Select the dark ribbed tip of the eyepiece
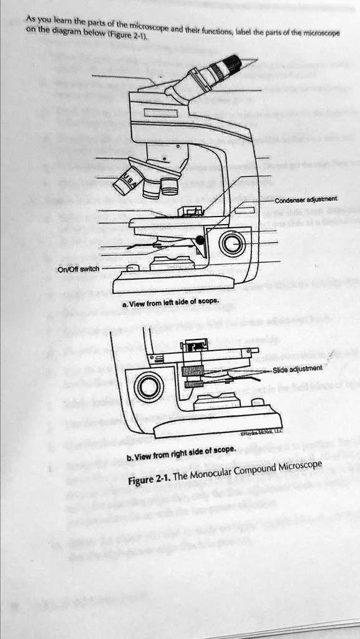230,63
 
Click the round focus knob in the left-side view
231,243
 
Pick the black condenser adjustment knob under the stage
200,240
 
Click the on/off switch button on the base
132,268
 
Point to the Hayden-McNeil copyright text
262,431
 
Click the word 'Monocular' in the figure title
217,475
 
